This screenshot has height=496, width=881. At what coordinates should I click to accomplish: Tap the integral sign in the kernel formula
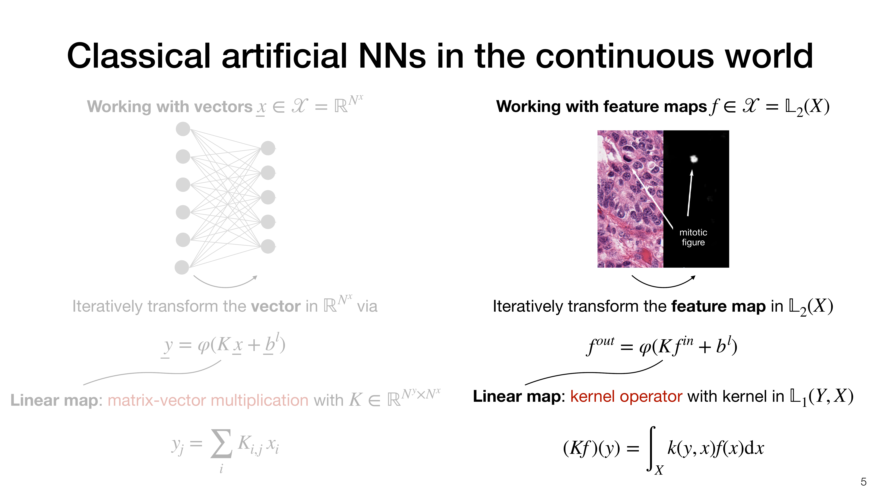[652, 448]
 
